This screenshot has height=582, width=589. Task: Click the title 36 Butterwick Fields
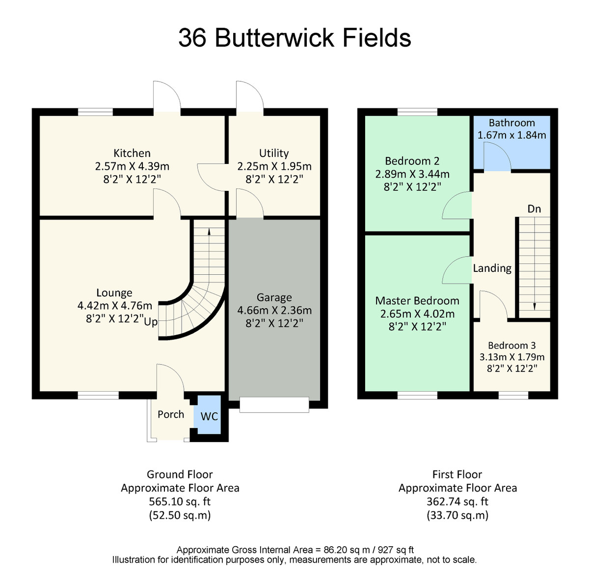pyautogui.click(x=294, y=38)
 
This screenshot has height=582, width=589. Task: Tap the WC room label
pyautogui.click(x=209, y=417)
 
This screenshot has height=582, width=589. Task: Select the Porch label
pyautogui.click(x=171, y=414)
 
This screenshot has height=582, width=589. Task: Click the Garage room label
pyautogui.click(x=274, y=297)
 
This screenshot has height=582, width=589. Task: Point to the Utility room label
pyautogui.click(x=274, y=153)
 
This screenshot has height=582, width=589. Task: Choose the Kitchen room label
pyautogui.click(x=132, y=153)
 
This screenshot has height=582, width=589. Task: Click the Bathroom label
pyautogui.click(x=511, y=123)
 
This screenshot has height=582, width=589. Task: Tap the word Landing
pyautogui.click(x=492, y=268)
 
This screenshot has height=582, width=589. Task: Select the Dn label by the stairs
pyautogui.click(x=534, y=209)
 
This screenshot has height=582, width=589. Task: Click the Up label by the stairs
pyautogui.click(x=151, y=322)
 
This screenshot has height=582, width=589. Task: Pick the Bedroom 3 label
pyautogui.click(x=511, y=345)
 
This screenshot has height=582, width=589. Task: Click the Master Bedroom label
pyautogui.click(x=417, y=301)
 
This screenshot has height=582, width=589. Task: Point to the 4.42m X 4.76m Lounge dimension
pyautogui.click(x=115, y=306)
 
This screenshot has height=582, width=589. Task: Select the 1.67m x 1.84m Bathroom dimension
pyautogui.click(x=511, y=135)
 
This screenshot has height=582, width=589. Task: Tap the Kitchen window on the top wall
pyautogui.click(x=95, y=112)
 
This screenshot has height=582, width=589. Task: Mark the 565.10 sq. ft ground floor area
pyautogui.click(x=180, y=502)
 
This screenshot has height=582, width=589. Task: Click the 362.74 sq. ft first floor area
pyautogui.click(x=457, y=502)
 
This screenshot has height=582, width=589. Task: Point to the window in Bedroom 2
pyautogui.click(x=417, y=112)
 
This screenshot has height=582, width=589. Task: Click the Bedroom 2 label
pyautogui.click(x=412, y=161)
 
